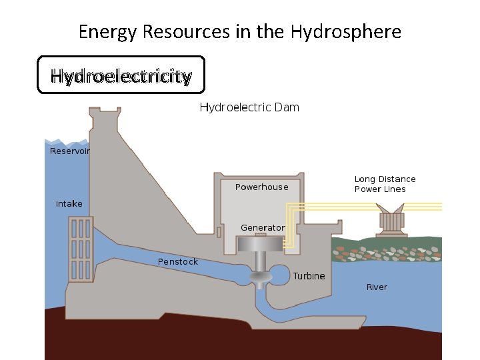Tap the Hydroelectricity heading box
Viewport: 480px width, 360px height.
tap(121, 75)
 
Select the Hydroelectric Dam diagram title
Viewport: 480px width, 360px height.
tap(249, 107)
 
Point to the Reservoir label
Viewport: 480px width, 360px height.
tap(70, 151)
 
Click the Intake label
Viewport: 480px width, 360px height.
tap(69, 203)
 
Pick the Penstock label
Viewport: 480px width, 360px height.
tap(177, 262)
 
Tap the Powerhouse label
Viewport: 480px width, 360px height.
tap(262, 187)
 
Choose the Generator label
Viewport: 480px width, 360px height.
tap(263, 228)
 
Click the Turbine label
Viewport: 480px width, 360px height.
tap(309, 276)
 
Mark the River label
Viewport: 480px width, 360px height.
tap(377, 287)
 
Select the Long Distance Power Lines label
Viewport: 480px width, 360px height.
tap(385, 184)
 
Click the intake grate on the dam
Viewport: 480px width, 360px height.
tap(79, 248)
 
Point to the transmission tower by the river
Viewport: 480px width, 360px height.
tap(393, 221)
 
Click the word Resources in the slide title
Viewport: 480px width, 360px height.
tap(193, 31)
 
